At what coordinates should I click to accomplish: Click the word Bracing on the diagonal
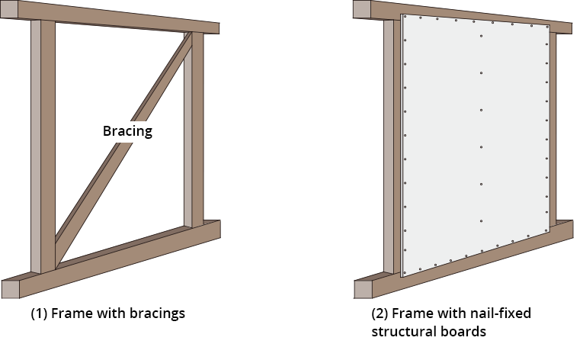[127, 131]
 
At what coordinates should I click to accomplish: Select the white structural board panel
[472, 145]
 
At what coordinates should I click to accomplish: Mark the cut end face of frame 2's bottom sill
[363, 288]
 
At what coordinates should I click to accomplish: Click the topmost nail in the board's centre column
[481, 36]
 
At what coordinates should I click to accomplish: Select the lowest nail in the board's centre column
[481, 221]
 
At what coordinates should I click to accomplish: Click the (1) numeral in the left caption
[37, 313]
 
